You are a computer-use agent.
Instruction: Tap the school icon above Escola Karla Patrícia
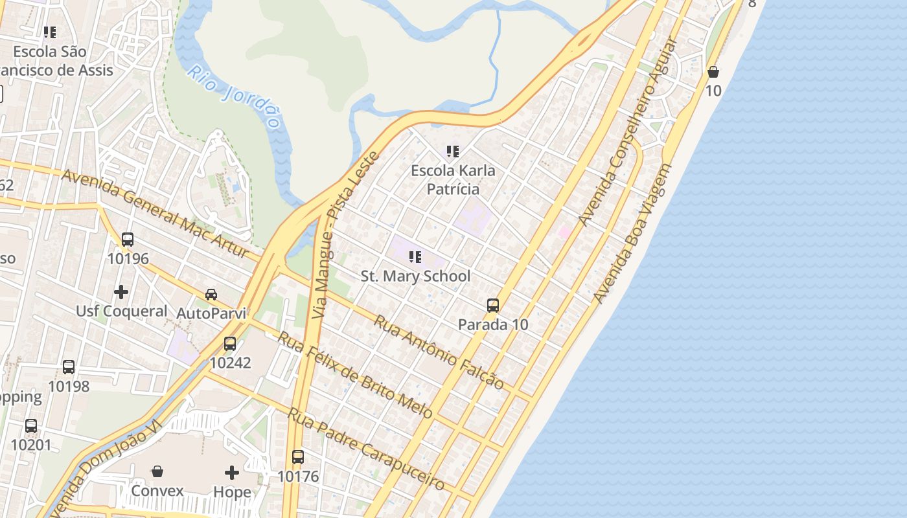[x=453, y=152]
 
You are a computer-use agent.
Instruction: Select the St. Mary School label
[x=415, y=276]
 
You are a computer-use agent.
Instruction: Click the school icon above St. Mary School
[x=415, y=257]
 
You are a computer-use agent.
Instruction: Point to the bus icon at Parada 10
[x=493, y=306]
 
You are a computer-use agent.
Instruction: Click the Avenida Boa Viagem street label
[x=632, y=234]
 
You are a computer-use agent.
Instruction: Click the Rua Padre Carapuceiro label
[x=366, y=448]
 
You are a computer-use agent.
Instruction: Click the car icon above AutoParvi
[x=211, y=295]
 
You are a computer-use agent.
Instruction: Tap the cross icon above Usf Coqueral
[x=121, y=292]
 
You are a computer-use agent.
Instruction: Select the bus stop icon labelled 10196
[x=128, y=240]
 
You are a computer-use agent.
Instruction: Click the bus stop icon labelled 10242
[x=230, y=344]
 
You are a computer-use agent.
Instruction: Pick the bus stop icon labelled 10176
[x=298, y=457]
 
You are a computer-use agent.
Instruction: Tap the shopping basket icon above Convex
[x=157, y=471]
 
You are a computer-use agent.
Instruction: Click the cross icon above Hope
[x=232, y=473]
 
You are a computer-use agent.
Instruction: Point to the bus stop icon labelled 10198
[x=69, y=367]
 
